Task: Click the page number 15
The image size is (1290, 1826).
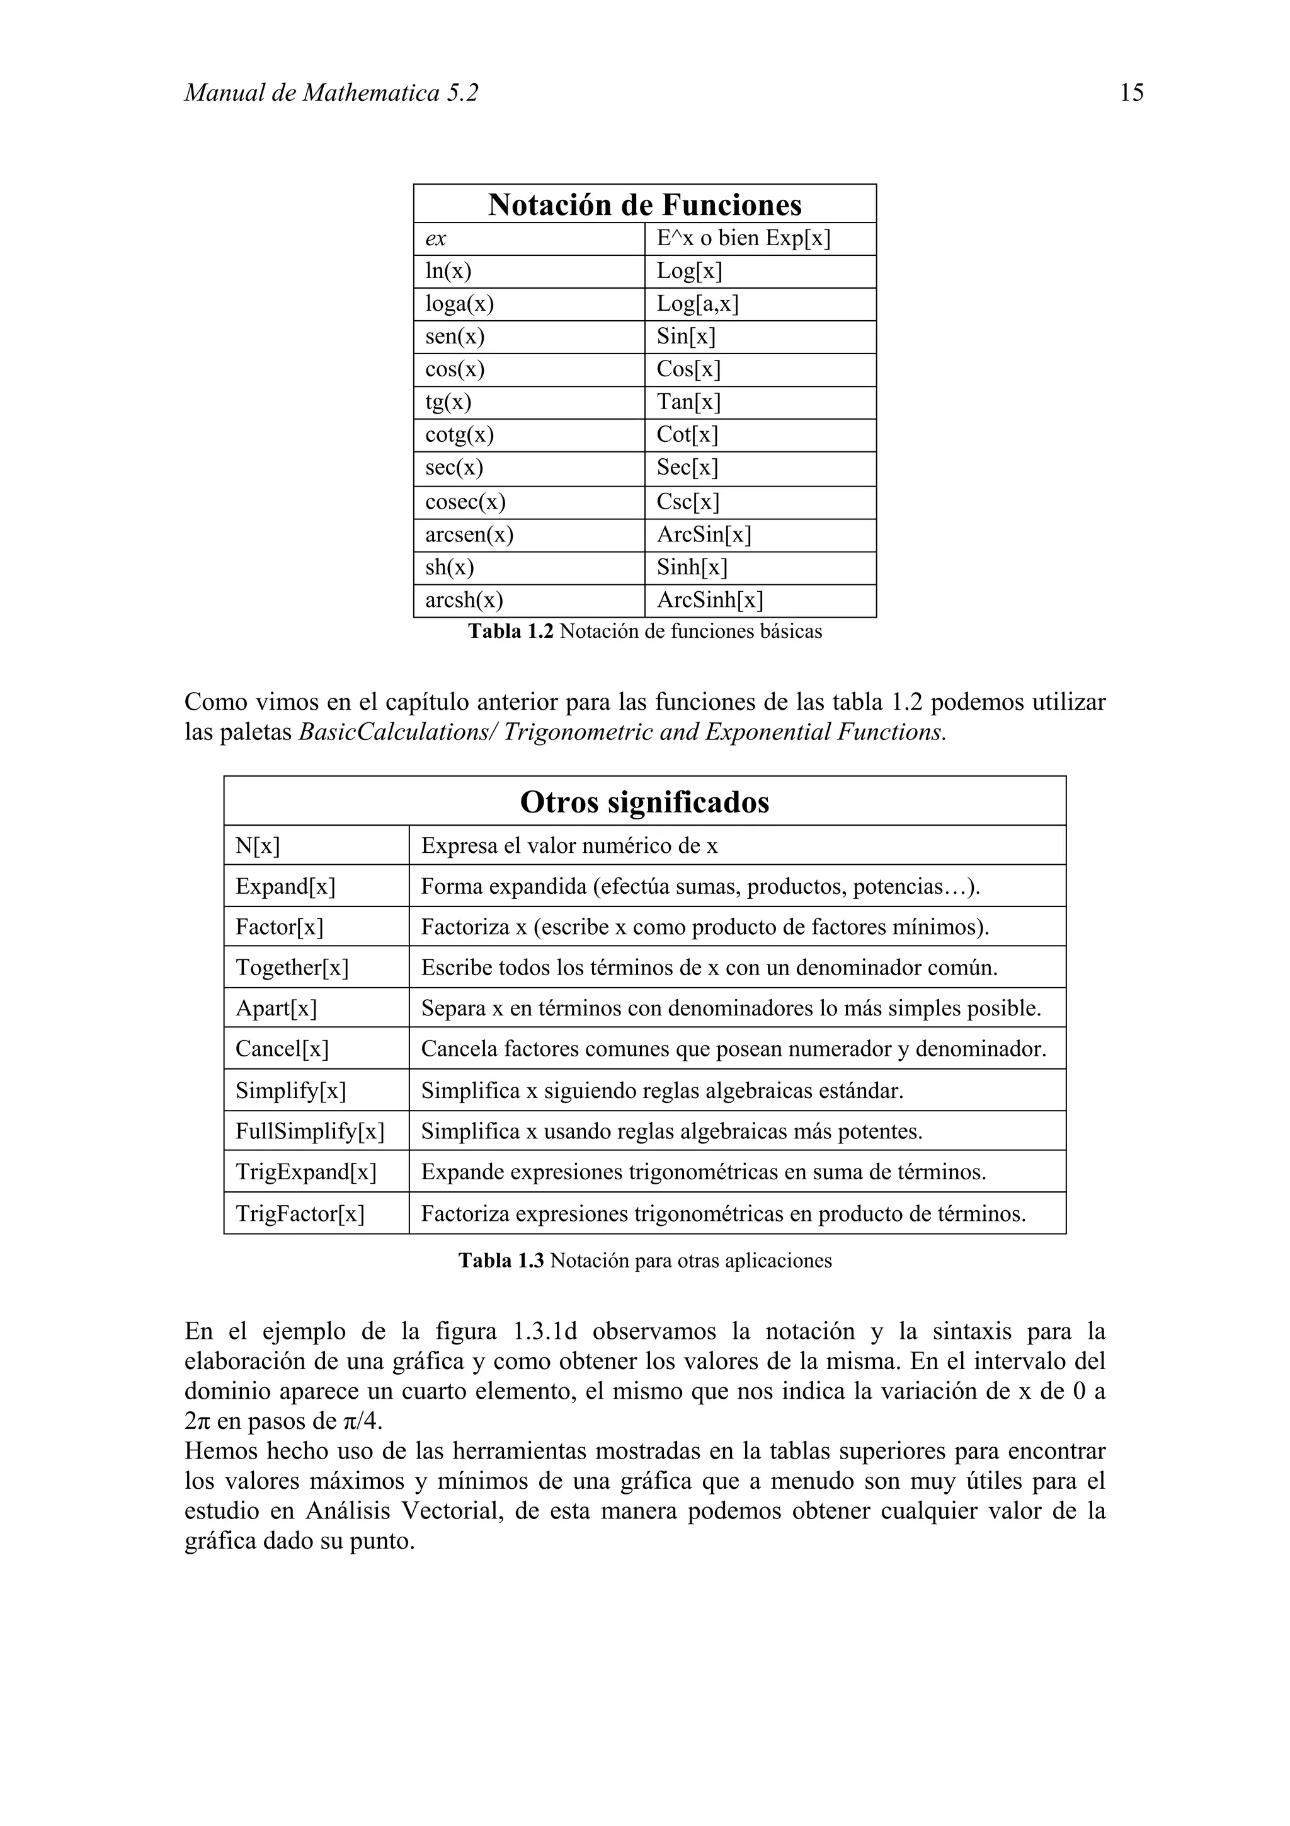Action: coord(1131,93)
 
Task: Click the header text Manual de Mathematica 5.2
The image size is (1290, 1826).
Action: coord(331,94)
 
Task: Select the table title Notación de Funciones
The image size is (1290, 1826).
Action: coord(644,204)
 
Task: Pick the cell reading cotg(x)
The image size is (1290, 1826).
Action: coord(459,434)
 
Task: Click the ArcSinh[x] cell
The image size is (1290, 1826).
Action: coord(710,599)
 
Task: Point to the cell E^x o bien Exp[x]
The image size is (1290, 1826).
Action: coord(743,239)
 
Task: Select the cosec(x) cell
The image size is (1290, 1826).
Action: coord(465,502)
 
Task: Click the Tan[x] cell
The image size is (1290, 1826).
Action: coord(688,402)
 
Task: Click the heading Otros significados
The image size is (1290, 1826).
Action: coord(644,802)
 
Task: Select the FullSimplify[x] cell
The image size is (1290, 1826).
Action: coord(310,1131)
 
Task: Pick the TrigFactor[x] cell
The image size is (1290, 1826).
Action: coord(300,1213)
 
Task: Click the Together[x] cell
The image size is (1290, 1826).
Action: coord(292,968)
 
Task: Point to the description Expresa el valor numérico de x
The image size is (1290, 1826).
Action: coord(569,845)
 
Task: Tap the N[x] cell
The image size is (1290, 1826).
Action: coord(258,845)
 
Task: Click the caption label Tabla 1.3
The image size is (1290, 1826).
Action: coord(501,1261)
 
